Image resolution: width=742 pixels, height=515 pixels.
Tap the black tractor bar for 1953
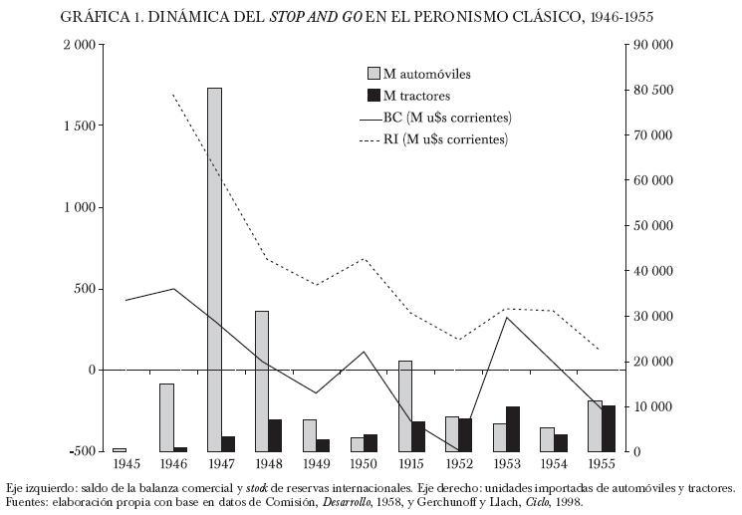(513, 428)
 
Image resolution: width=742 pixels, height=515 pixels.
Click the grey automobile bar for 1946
(166, 417)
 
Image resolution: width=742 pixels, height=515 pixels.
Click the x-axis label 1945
(126, 464)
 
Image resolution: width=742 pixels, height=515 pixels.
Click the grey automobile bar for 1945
(119, 449)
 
